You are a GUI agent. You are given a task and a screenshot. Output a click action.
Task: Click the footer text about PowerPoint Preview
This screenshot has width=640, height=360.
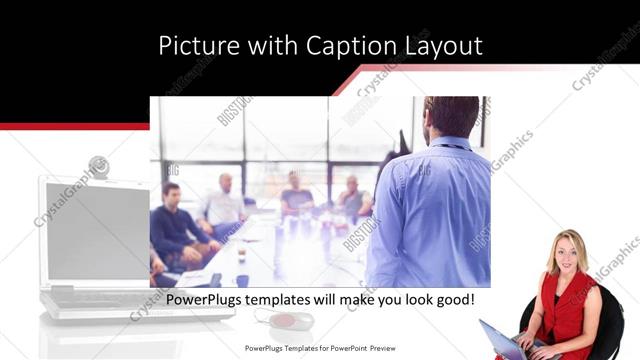tap(320, 348)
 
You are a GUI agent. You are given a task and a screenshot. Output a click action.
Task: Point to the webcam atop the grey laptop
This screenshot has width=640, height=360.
tap(98, 166)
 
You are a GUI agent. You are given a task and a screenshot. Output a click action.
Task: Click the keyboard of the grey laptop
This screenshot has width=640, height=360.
tap(100, 297)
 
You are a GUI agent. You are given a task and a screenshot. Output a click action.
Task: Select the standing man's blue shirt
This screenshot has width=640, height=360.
tap(430, 215)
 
